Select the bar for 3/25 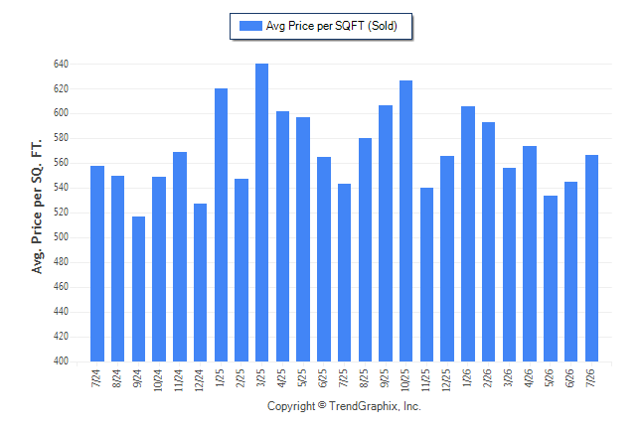(x=261, y=213)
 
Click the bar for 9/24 (x=138, y=289)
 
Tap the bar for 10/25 (x=405, y=221)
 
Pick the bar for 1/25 (x=221, y=224)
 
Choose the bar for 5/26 (x=551, y=278)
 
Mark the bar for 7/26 (x=591, y=258)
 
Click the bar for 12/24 (x=200, y=282)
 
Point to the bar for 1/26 (x=468, y=233)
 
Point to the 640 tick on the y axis (x=61, y=64)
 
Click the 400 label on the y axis (x=61, y=361)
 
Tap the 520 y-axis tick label (x=61, y=213)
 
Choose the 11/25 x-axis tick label (x=425, y=379)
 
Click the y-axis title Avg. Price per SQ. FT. (x=37, y=207)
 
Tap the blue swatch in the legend (x=250, y=26)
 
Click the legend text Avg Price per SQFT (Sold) (x=332, y=26)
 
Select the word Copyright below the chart (x=291, y=406)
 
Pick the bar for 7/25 (x=344, y=272)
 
